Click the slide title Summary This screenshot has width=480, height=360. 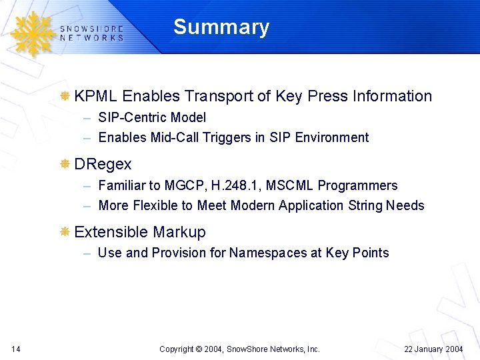[x=221, y=27]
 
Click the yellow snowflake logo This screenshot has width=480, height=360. [x=30, y=33]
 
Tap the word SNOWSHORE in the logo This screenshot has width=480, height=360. [x=91, y=29]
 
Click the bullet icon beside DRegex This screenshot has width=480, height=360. [x=65, y=164]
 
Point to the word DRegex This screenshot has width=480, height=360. [x=103, y=164]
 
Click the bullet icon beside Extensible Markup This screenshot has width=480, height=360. [x=65, y=232]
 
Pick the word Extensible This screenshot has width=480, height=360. [x=111, y=232]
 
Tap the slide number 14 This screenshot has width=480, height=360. [x=16, y=349]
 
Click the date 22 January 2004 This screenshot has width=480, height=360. [x=433, y=349]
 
